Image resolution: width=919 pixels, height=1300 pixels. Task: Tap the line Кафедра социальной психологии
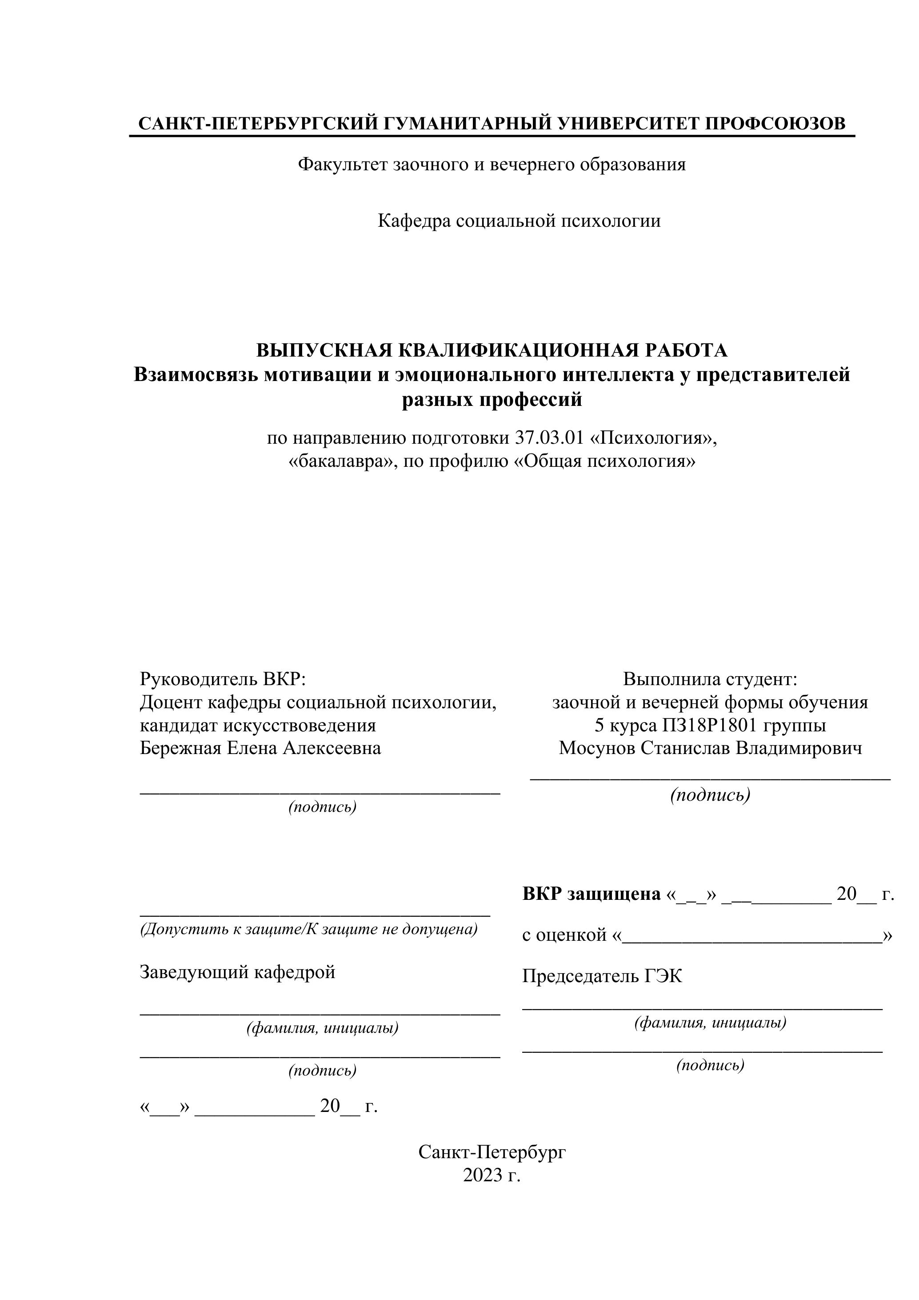pyautogui.click(x=519, y=221)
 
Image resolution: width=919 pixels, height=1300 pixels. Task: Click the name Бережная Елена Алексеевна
pyautogui.click(x=260, y=748)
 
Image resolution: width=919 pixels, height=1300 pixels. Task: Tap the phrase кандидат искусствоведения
pyautogui.click(x=257, y=725)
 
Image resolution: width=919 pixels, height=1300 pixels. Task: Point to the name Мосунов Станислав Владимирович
pyautogui.click(x=710, y=748)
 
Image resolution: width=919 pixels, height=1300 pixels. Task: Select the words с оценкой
pyautogui.click(x=564, y=935)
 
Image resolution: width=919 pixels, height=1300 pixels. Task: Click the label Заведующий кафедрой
pyautogui.click(x=237, y=971)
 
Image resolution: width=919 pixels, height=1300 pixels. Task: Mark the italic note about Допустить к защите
pyautogui.click(x=309, y=929)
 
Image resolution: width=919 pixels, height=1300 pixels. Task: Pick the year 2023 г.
pyautogui.click(x=491, y=1175)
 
